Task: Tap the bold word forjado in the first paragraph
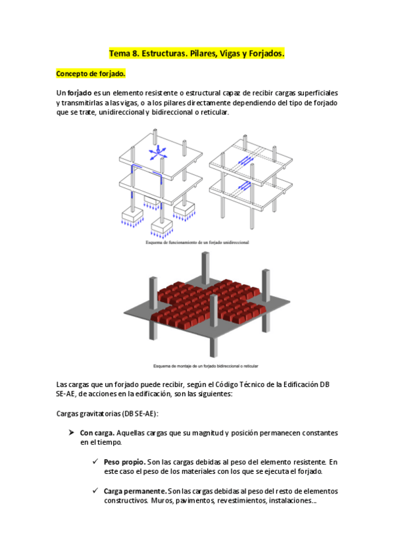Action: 79,93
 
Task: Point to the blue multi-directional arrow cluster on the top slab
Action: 157,154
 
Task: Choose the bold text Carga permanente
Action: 134,491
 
